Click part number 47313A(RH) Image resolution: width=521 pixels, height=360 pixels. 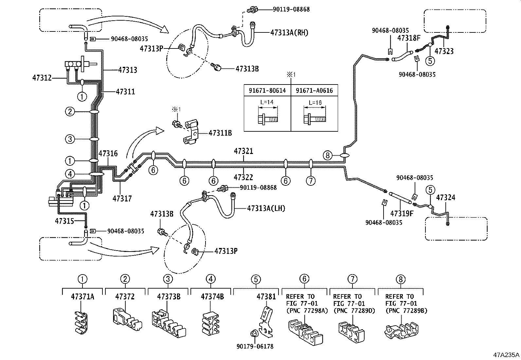point(289,32)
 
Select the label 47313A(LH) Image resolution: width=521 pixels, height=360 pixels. point(266,208)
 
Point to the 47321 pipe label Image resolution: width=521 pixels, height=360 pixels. point(243,151)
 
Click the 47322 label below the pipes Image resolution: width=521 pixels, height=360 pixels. point(243,177)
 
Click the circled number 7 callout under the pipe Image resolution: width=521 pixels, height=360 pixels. point(311,180)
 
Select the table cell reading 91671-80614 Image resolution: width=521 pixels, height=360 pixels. point(267,90)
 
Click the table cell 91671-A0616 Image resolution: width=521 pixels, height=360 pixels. point(314,90)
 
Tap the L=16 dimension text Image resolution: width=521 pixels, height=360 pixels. point(315,103)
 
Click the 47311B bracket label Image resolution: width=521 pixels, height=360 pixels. point(220,133)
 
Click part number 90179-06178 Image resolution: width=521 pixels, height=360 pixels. point(255,346)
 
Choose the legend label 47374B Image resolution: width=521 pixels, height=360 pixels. point(212,297)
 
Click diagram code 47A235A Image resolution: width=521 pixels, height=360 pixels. point(506,354)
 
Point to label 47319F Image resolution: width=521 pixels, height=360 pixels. point(402,214)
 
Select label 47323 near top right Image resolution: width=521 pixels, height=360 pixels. point(444,51)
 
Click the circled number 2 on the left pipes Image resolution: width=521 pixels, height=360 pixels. point(70,112)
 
